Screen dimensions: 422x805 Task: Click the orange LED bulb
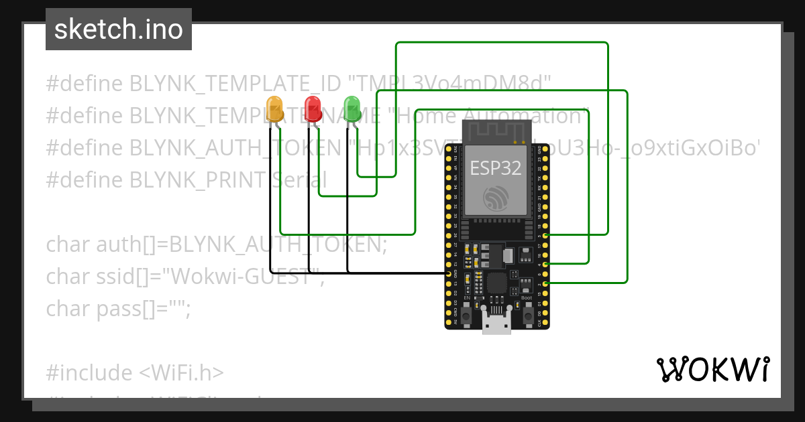tap(274, 109)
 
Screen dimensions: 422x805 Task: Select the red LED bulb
tap(313, 109)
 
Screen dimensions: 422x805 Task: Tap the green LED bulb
tap(352, 109)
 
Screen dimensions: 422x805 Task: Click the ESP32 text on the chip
tap(496, 167)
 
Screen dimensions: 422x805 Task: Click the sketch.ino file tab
tap(119, 29)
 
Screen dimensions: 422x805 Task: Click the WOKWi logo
tap(713, 370)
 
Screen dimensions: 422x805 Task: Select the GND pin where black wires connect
tap(449, 274)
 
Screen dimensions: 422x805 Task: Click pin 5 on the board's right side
tap(546, 236)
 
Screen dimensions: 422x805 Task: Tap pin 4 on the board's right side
tap(546, 265)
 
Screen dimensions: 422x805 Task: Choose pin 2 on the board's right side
tap(546, 284)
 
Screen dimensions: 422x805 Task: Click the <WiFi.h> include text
tap(182, 372)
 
